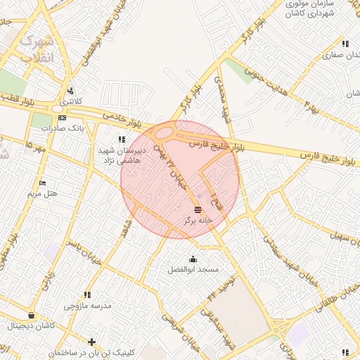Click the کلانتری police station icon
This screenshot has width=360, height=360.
[70, 91]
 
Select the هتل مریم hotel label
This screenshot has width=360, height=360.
[41, 193]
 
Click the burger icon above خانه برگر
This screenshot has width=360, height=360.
[198, 210]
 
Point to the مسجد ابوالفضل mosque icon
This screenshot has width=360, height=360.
[193, 259]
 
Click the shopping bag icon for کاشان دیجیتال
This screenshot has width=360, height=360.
[31, 316]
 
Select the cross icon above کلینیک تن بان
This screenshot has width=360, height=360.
[91, 342]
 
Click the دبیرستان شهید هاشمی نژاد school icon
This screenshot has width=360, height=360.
[122, 141]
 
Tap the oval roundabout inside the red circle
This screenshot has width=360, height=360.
[164, 133]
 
